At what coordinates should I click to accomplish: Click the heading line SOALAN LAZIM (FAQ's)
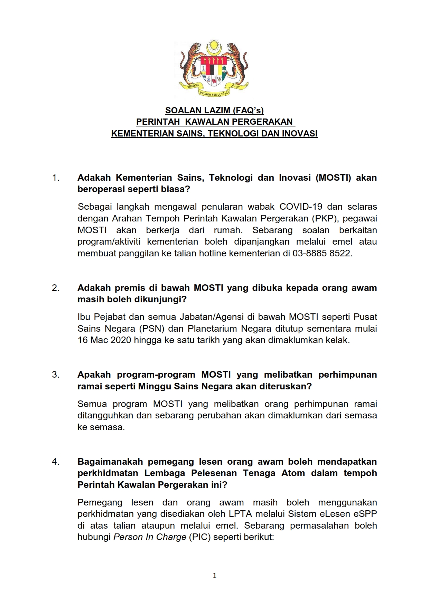coord(214,111)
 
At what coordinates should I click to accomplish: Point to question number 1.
coord(56,178)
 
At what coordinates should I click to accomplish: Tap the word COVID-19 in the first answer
coord(301,207)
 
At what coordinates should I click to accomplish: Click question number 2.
coord(56,288)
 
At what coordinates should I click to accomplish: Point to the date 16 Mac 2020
coord(104,340)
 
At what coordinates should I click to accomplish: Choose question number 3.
coord(56,375)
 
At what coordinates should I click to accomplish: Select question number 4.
coord(56,462)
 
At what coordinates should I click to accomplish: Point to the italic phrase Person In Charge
coord(150,537)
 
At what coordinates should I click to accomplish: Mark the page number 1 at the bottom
coord(215,576)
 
